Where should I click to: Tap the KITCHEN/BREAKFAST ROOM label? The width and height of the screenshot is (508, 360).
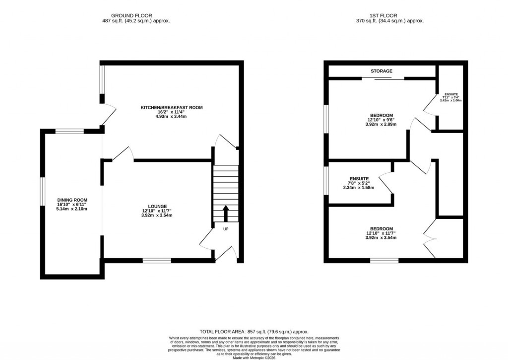(171, 107)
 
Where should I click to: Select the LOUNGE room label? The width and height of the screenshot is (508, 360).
(157, 206)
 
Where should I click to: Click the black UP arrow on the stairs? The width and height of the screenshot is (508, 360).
(226, 214)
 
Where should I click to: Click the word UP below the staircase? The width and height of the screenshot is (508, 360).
(226, 229)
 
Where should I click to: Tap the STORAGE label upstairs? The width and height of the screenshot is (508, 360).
(381, 71)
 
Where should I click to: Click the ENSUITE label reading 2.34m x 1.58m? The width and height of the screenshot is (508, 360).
(356, 178)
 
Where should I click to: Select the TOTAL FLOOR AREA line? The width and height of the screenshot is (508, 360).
(254, 332)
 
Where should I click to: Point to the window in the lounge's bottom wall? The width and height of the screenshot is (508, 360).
(157, 260)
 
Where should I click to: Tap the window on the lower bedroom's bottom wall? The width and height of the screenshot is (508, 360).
(384, 260)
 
